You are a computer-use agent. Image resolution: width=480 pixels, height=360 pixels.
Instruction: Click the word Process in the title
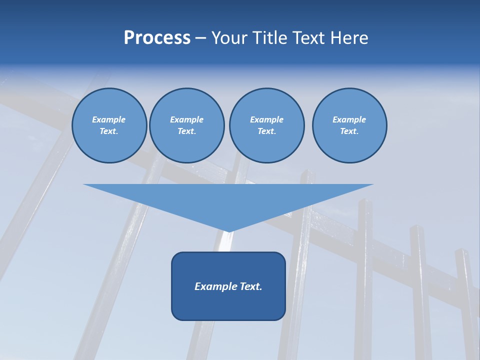click(x=157, y=38)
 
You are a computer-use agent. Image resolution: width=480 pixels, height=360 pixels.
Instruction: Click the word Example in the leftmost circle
click(x=109, y=119)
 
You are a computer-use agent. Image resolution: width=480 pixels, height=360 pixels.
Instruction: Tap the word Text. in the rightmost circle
click(x=349, y=131)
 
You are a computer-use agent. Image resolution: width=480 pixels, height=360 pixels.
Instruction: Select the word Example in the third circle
click(x=266, y=119)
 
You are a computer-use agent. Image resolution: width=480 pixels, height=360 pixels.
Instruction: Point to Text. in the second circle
click(x=186, y=131)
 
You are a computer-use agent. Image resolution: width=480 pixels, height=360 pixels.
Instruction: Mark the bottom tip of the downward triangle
click(x=228, y=231)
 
